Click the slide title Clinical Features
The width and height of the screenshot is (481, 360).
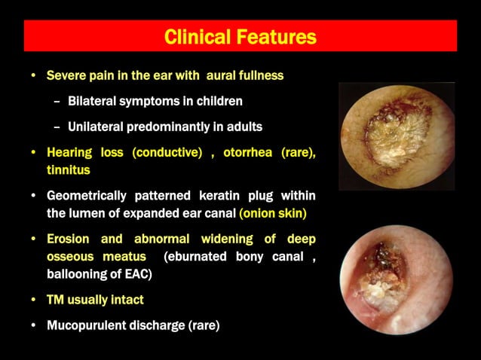pos(240,36)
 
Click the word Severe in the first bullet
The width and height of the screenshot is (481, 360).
pos(65,76)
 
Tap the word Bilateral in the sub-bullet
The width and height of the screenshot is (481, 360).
pos(92,101)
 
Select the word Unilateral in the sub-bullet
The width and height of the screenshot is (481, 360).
pos(97,127)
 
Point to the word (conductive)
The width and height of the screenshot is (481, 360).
pos(167,153)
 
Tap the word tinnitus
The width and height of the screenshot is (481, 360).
pos(68,170)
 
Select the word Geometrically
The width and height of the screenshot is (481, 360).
pos(87,196)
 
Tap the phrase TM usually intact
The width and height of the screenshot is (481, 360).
pos(95,300)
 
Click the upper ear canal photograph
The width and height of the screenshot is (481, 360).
pos(397,136)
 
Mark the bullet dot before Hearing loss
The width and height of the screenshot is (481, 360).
pos(32,153)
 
